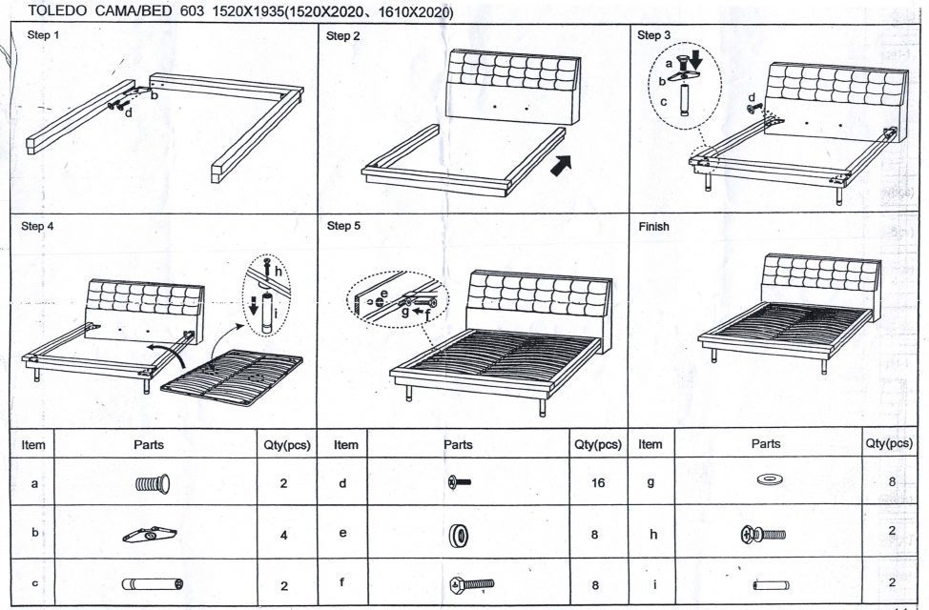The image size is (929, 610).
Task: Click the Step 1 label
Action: point(43,35)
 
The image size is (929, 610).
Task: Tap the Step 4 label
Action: point(37,227)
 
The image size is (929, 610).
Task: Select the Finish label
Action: point(653,227)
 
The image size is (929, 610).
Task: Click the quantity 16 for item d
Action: point(598,483)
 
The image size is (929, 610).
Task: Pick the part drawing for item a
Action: point(153,483)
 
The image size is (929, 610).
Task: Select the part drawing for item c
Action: point(153,584)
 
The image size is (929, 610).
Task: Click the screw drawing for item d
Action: point(460,483)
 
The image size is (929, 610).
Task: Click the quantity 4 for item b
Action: point(283,536)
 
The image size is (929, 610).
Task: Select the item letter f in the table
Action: point(341,583)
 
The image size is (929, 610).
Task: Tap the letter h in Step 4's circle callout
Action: point(279,270)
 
